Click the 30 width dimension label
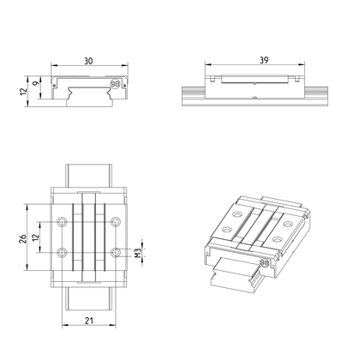[x=88, y=61]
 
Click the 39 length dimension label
[x=264, y=60]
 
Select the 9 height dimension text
[x=36, y=83]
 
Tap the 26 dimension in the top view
[x=23, y=238]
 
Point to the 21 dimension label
[x=89, y=321]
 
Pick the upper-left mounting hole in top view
[x=62, y=221]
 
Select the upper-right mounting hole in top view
[x=116, y=221]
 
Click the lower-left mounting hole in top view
[x=62, y=252]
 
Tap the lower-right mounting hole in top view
[x=116, y=252]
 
